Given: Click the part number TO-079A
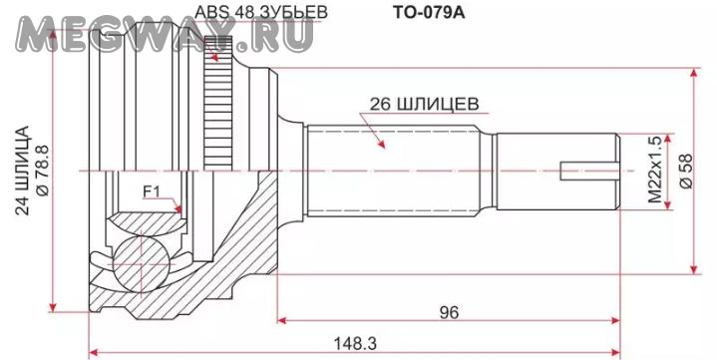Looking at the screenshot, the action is (429, 12).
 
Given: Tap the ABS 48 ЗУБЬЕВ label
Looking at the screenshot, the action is (261, 12).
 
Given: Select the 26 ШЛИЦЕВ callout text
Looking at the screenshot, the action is (425, 105).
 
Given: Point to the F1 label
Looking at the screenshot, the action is (151, 192).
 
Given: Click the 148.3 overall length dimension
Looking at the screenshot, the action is (355, 343).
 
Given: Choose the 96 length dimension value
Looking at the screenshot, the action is (449, 312).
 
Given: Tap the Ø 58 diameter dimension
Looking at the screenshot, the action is (686, 171).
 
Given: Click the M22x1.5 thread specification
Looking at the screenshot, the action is (655, 171).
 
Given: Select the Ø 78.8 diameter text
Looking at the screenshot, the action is (41, 171).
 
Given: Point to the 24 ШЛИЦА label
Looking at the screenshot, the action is (22, 171).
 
